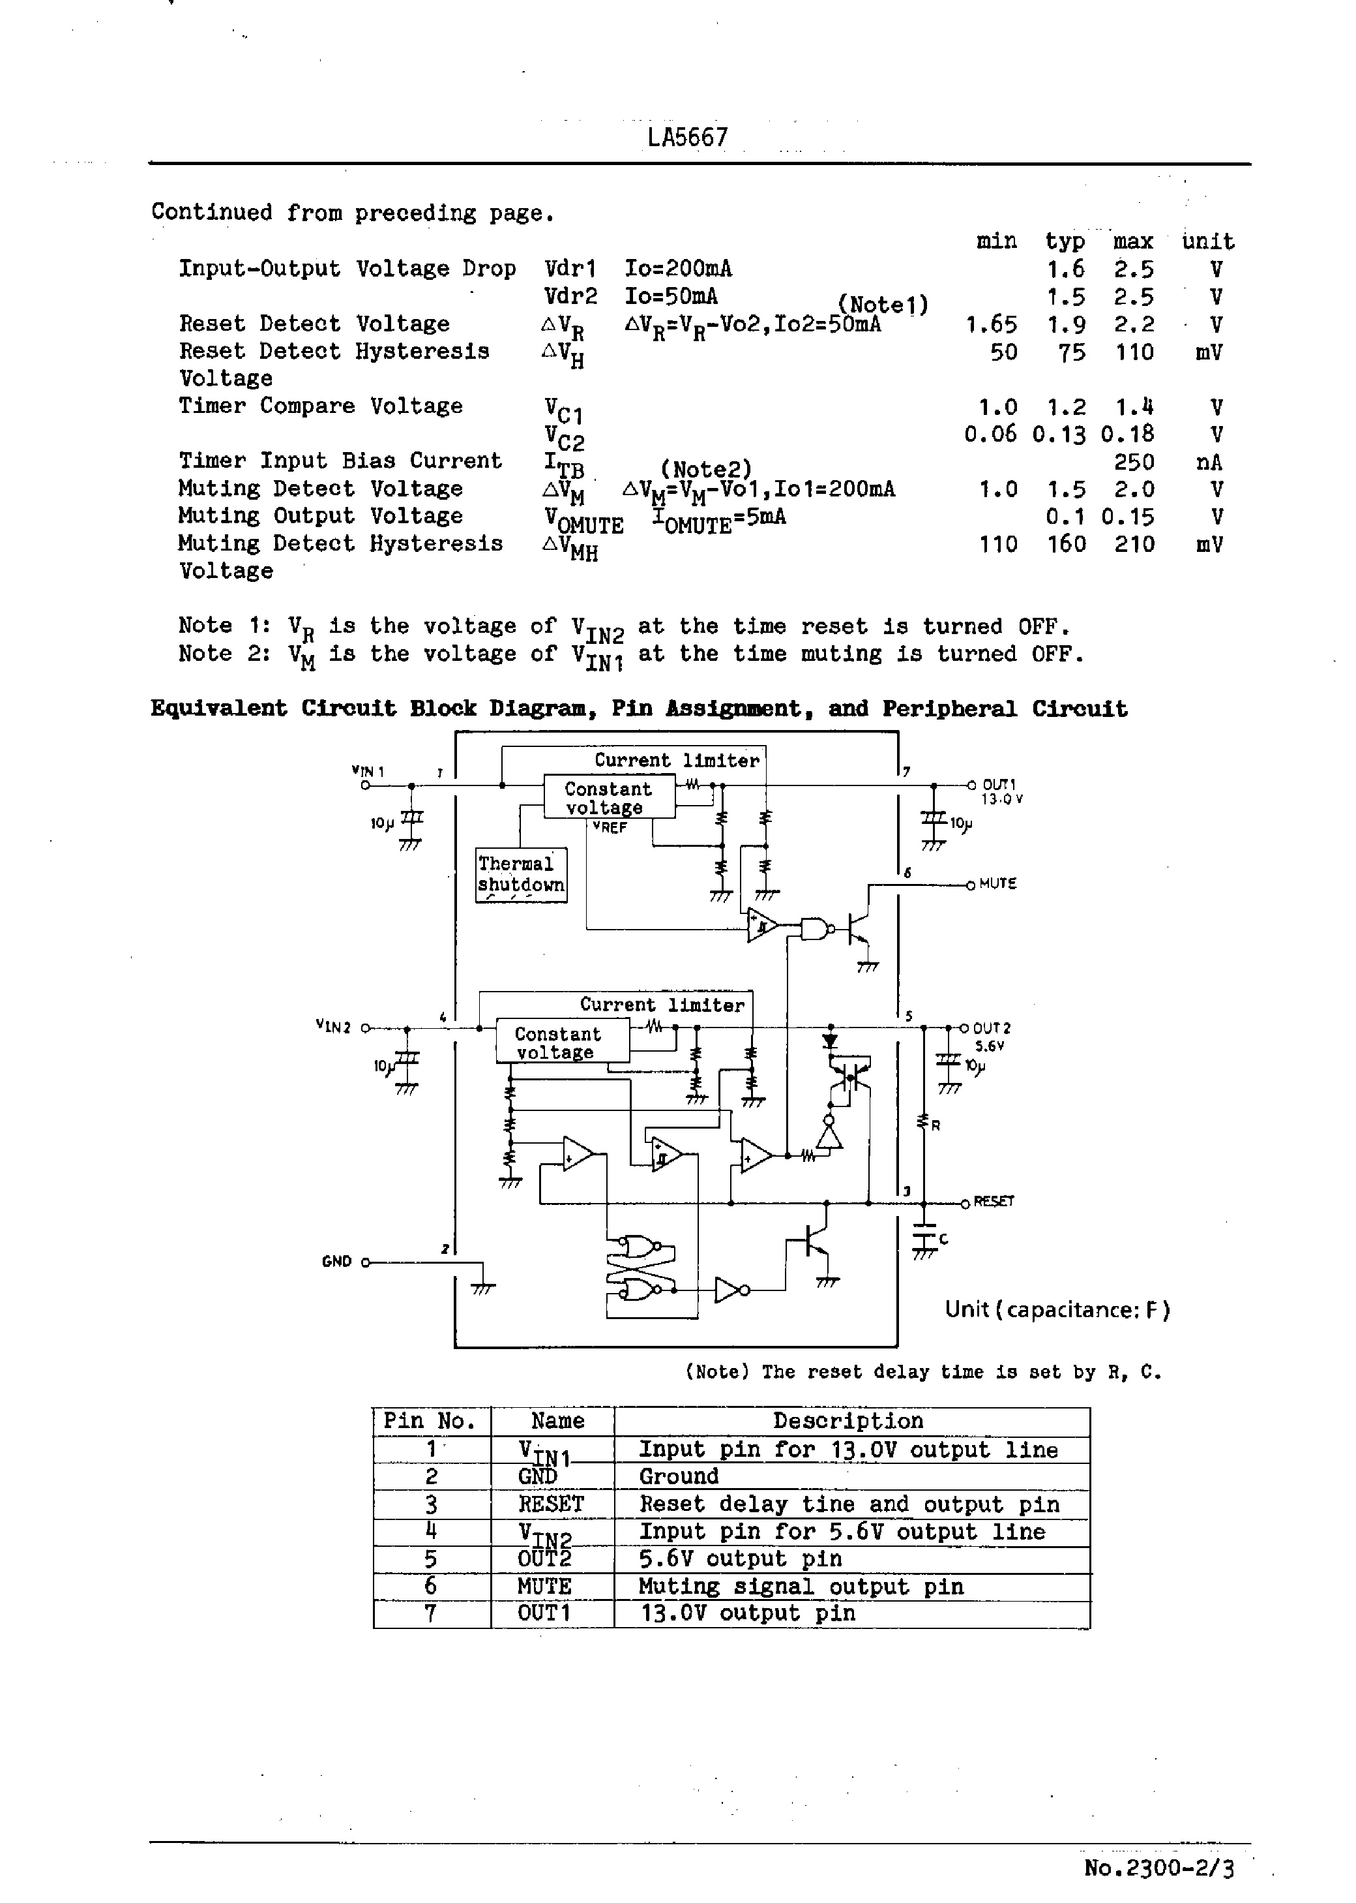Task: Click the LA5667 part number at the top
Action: (688, 137)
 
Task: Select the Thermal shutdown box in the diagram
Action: (521, 875)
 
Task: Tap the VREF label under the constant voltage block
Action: (610, 827)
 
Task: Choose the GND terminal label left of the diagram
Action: (336, 1262)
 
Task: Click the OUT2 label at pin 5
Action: (992, 1028)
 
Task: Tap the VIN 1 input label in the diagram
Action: (368, 771)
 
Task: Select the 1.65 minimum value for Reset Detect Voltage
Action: (991, 324)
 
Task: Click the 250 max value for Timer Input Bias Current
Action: (1134, 462)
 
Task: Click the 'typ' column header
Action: (1065, 241)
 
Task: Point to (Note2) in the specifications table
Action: (705, 468)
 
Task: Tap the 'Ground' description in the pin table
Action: (679, 1476)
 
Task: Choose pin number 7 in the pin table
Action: (430, 1613)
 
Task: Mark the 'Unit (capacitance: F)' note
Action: (1057, 1310)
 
